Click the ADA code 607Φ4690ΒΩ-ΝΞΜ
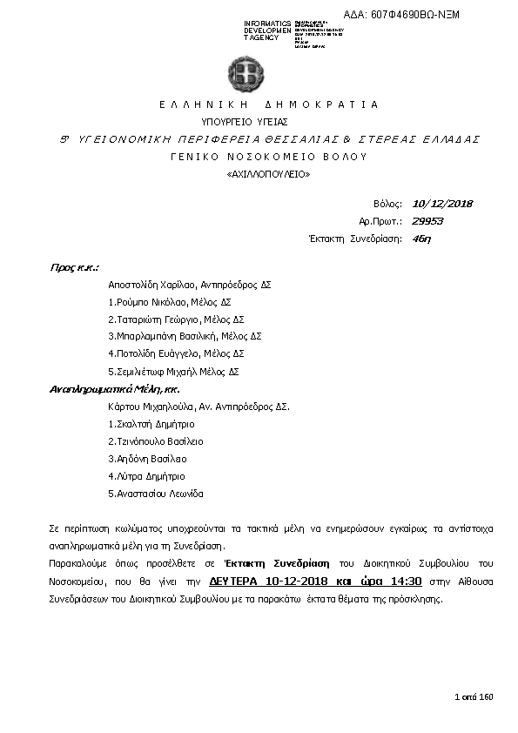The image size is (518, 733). point(415,15)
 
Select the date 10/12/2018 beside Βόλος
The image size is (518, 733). point(442,204)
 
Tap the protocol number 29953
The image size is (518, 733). point(427,221)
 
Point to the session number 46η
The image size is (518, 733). point(421,238)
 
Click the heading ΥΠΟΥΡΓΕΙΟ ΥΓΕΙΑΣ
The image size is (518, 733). point(245,122)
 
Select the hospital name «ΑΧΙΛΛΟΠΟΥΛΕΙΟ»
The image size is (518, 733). point(268,175)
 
